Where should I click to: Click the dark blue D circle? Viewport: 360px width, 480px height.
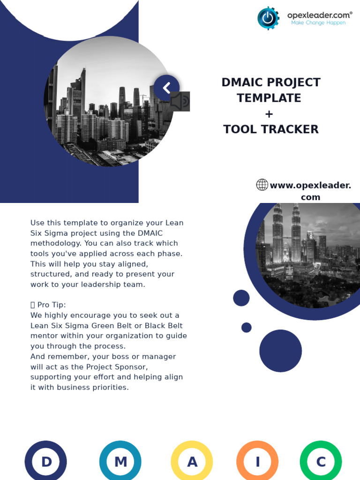coord(46,462)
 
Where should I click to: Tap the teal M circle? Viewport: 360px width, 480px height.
coord(120,462)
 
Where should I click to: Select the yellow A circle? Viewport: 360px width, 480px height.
coord(192,462)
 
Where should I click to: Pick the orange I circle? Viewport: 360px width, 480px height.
coord(257,462)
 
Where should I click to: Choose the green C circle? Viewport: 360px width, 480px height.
coord(321,462)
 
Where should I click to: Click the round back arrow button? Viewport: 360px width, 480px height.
coord(166,88)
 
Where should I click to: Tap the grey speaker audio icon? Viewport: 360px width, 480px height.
coord(180,101)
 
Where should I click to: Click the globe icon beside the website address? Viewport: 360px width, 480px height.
coord(262,185)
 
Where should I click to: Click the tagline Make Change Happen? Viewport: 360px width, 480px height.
coord(318,22)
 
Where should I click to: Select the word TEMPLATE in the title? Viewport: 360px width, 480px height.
coord(269,98)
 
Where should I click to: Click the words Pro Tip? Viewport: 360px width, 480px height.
coord(54,305)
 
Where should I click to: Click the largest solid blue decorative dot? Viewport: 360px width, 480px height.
coord(280,351)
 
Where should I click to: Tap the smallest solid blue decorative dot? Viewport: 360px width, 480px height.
coord(247,327)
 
